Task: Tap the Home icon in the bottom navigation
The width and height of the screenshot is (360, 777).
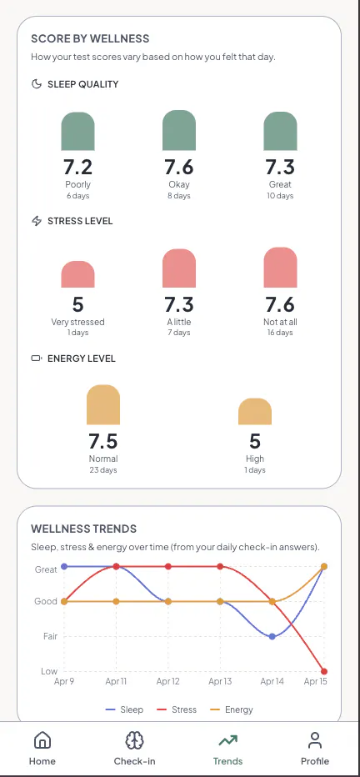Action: [x=42, y=741]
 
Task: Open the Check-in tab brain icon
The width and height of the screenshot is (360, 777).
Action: [x=135, y=741]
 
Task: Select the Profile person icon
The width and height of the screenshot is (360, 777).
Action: [x=314, y=741]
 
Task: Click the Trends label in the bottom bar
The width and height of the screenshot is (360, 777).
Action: [x=227, y=761]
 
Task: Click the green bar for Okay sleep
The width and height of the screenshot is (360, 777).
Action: [x=179, y=130]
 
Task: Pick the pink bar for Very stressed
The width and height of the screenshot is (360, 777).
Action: [x=77, y=274]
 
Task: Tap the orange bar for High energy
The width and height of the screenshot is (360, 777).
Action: [x=255, y=411]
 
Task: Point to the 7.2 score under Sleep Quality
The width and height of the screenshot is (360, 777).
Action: [x=77, y=168]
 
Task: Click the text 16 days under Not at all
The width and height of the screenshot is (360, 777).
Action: [x=280, y=333]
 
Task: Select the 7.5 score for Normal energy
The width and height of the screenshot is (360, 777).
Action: [x=103, y=442]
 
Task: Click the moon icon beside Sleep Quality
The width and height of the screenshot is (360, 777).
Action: [x=36, y=83]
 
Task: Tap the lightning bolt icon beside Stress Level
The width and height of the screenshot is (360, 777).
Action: [x=36, y=221]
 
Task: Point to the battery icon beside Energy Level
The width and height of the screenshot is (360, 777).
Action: [x=37, y=358]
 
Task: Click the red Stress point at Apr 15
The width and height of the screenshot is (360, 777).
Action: [x=324, y=671]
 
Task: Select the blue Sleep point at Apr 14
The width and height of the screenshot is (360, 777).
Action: [x=272, y=636]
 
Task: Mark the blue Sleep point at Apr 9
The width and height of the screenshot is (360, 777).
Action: [x=64, y=566]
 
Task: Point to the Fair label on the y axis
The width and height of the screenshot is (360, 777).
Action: [x=51, y=636]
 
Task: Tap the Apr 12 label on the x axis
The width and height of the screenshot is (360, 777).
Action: [x=167, y=681]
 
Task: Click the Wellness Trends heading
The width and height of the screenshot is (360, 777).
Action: [x=83, y=529]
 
